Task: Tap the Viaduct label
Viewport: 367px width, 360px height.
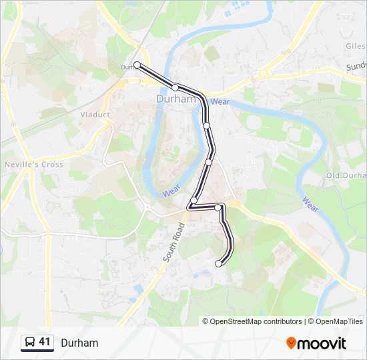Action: pyautogui.click(x=95, y=115)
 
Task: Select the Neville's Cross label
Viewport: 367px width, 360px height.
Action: pyautogui.click(x=33, y=165)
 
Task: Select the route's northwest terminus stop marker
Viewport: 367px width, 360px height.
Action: pyautogui.click(x=137, y=65)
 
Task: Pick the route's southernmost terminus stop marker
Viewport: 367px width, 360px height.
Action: pyautogui.click(x=218, y=264)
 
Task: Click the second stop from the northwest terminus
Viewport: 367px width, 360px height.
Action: pyautogui.click(x=175, y=87)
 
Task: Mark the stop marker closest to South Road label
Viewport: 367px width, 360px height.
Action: pyautogui.click(x=194, y=200)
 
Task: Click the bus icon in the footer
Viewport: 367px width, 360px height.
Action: pyautogui.click(x=30, y=343)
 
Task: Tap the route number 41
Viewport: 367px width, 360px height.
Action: pyautogui.click(x=45, y=342)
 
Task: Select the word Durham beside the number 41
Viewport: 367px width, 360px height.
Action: pyautogui.click(x=79, y=343)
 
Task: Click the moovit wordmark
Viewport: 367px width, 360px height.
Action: pyautogui.click(x=322, y=343)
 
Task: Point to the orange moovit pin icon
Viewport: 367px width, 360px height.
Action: pyautogui.click(x=291, y=343)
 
